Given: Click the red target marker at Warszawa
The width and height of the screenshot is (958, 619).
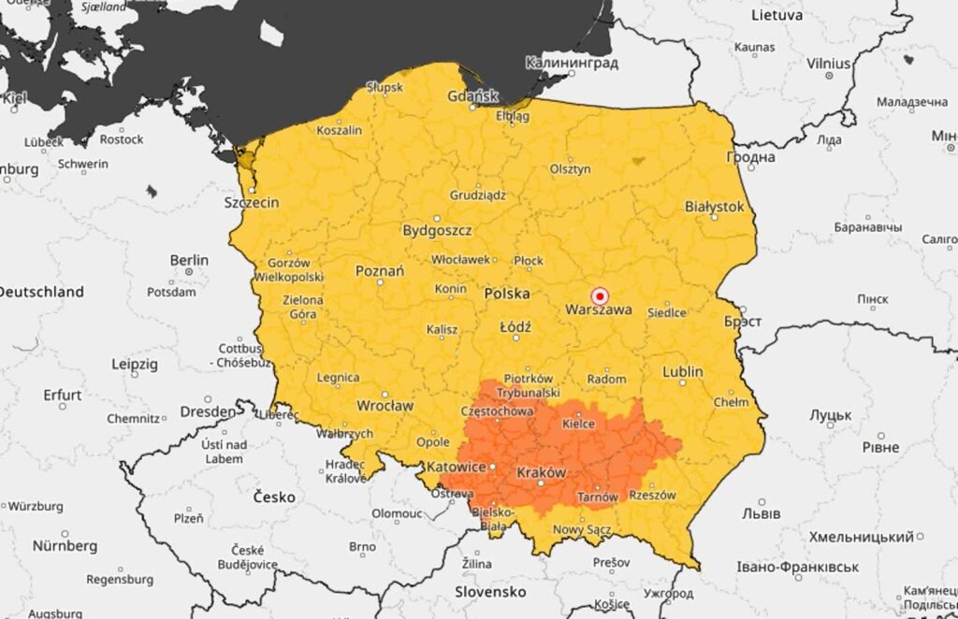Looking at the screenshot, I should click(x=601, y=295).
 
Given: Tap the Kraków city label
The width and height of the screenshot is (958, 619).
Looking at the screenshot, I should click(x=541, y=473).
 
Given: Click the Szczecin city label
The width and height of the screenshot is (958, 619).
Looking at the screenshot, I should click(x=251, y=202).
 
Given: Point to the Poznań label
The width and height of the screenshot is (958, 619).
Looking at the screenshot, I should click(x=380, y=271).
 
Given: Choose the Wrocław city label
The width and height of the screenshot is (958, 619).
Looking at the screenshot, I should click(x=385, y=406).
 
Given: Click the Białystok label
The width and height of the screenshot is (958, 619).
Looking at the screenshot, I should click(x=714, y=206).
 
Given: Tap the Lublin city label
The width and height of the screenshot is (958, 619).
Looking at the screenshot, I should click(x=682, y=371).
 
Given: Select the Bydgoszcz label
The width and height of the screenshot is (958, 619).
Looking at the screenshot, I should click(x=437, y=230).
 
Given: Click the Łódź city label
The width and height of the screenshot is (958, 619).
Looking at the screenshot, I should click(x=515, y=327).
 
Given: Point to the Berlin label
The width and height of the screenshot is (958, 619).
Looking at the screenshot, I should click(x=189, y=260).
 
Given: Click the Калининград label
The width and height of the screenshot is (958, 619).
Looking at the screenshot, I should click(x=572, y=64).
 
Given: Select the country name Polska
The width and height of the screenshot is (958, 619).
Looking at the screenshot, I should click(x=508, y=294).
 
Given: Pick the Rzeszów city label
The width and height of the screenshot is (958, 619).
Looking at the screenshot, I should click(x=652, y=496).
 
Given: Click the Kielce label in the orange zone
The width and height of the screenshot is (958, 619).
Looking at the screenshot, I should click(x=577, y=424).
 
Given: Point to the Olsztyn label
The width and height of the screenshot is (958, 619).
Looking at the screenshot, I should click(x=570, y=169).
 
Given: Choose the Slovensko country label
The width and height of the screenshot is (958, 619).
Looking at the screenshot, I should click(x=490, y=592).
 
